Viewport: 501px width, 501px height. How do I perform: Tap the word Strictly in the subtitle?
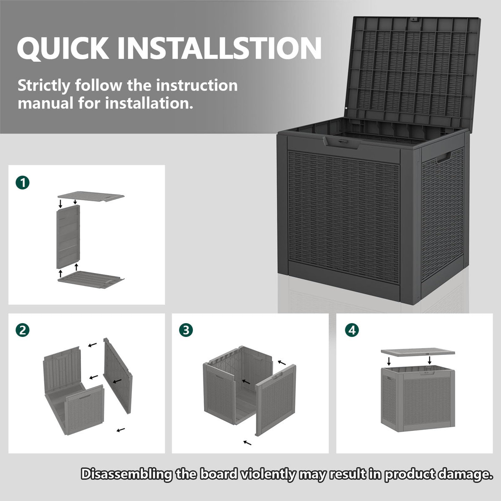coord(44,86)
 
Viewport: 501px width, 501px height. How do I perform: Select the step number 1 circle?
coord(23,182)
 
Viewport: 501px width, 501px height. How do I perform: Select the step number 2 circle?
coord(23,330)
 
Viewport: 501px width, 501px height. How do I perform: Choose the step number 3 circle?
coord(186,330)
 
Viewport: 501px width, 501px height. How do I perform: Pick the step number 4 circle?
coord(352,330)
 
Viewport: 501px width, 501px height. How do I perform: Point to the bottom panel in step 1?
coord(91,279)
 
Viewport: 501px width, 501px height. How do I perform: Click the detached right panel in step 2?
coord(117,376)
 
